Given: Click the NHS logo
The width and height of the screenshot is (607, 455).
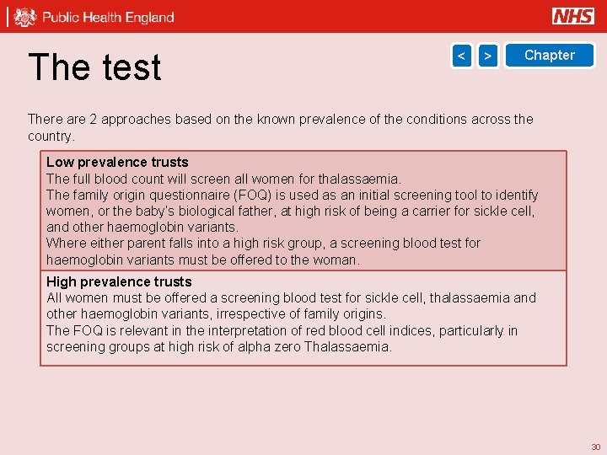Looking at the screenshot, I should tap(573, 16).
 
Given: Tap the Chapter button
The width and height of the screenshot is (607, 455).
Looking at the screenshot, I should tap(549, 56).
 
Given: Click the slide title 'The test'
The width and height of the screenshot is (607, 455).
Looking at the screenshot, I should tap(94, 67).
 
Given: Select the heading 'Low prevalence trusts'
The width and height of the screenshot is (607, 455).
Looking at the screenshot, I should tap(117, 162).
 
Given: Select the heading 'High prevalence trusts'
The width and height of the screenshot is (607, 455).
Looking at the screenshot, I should tap(119, 281).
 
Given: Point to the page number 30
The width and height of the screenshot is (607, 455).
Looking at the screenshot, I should tap(595, 447).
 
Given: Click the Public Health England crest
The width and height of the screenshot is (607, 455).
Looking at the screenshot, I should tap(26, 17).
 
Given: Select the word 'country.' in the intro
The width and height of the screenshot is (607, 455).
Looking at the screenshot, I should tap(51, 136).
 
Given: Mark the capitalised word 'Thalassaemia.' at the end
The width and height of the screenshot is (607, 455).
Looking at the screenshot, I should tap(348, 346).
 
